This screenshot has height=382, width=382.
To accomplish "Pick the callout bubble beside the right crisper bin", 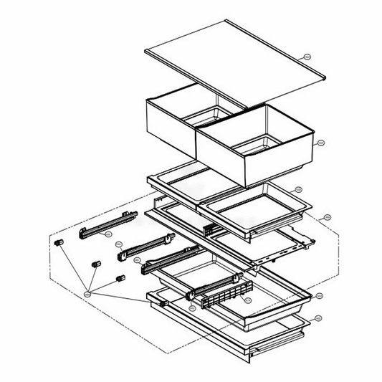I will [x=320, y=142].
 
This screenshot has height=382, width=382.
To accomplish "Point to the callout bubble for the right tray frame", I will [x=299, y=190].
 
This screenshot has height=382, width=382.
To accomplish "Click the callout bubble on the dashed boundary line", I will [x=328, y=216].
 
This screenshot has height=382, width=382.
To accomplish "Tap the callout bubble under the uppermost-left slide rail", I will [x=108, y=234].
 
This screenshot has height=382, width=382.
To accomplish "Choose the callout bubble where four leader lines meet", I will [x=87, y=293].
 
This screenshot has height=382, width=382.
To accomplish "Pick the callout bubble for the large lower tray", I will [x=319, y=295].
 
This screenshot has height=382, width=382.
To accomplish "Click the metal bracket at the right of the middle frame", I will [x=305, y=242].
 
